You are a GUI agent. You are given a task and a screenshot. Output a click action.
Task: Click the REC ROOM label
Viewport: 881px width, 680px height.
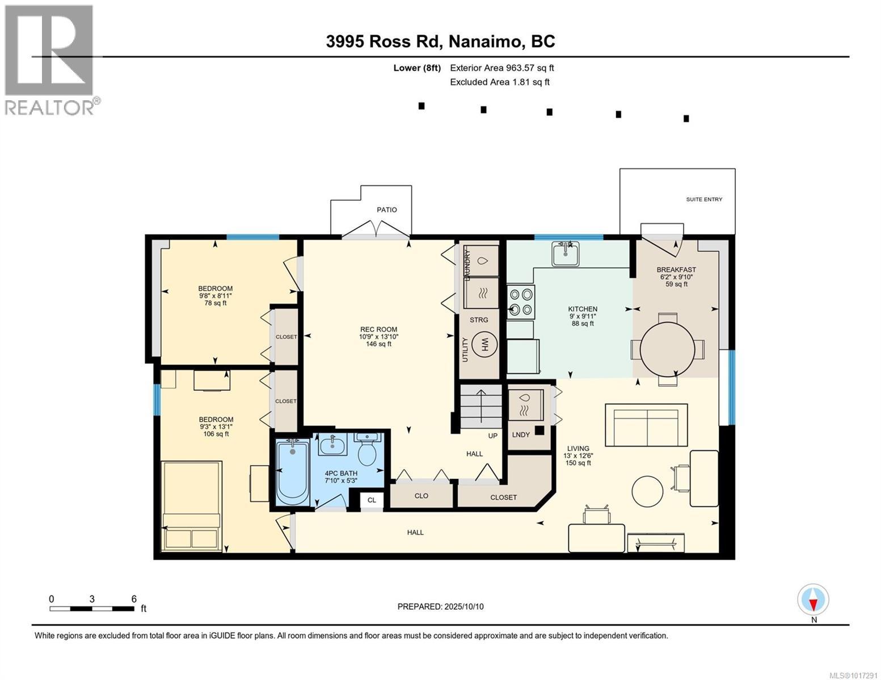pos(379,329)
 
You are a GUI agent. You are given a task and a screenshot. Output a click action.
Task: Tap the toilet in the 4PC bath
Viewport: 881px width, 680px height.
pos(368,449)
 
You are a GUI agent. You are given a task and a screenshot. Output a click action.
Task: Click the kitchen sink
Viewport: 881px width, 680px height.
pos(565,254)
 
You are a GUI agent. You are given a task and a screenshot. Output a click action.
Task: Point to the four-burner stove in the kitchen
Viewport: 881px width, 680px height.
pos(521,301)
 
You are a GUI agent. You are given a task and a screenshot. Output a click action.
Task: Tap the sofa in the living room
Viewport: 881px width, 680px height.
pos(646,425)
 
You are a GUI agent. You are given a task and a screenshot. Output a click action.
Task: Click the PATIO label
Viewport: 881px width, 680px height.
pos(387,210)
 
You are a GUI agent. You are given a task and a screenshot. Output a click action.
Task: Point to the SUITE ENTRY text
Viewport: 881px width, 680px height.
pos(704,199)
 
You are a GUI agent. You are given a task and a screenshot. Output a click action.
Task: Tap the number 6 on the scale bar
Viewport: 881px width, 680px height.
pos(134,598)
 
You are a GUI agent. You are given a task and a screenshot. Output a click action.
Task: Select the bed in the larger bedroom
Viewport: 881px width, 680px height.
pos(192,506)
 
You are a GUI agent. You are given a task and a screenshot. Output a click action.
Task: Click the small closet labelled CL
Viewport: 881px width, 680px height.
pos(372,500)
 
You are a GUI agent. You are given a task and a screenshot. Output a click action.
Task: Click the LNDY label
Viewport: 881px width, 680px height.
pos(521,435)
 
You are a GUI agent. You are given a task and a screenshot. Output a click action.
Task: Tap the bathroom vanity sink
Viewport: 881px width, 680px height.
pos(332,445)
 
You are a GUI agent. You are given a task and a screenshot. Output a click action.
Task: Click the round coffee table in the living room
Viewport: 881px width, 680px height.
pos(647,491)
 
